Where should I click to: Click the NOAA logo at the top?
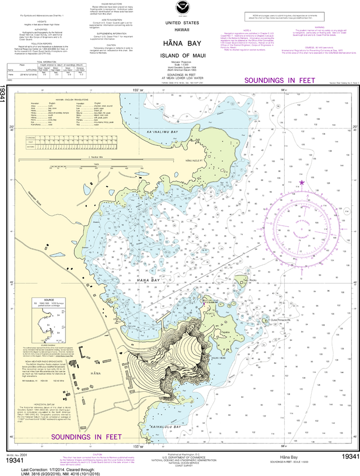coord(180,7)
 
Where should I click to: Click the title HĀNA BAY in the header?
coord(180,44)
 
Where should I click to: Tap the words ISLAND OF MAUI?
coord(180,57)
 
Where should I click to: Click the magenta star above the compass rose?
coord(302,183)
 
